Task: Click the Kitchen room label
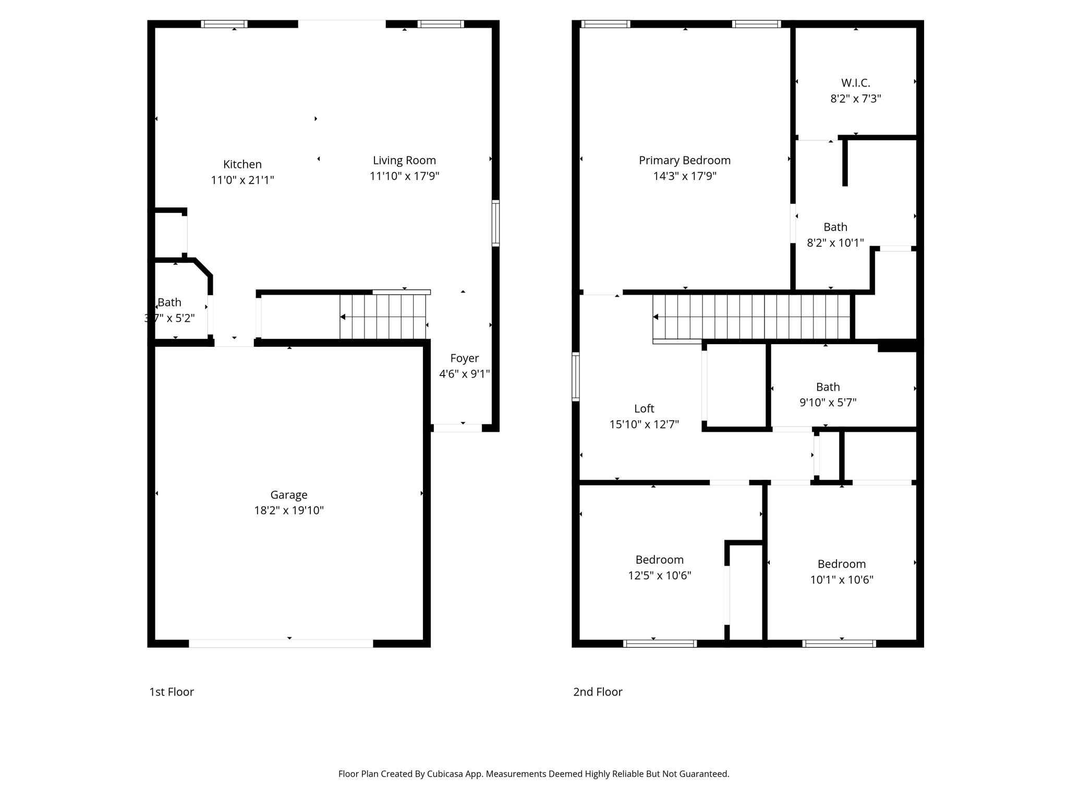[242, 164]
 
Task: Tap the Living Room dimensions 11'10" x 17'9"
[404, 176]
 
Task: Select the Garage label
[289, 494]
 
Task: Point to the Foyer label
[464, 358]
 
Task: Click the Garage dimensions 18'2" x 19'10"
[289, 510]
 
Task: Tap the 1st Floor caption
[172, 691]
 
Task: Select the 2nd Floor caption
[598, 691]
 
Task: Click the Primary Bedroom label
[685, 161]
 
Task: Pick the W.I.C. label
[855, 83]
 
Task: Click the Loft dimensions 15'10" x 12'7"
[644, 424]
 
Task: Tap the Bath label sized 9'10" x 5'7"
[828, 387]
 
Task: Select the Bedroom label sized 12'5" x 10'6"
[659, 560]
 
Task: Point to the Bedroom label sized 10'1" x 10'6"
[841, 564]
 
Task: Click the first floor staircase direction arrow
[343, 317]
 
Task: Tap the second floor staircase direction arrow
[656, 317]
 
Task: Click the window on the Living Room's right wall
[495, 223]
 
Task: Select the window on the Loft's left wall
[576, 377]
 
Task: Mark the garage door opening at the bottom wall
[281, 644]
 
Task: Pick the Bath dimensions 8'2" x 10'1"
[835, 242]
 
